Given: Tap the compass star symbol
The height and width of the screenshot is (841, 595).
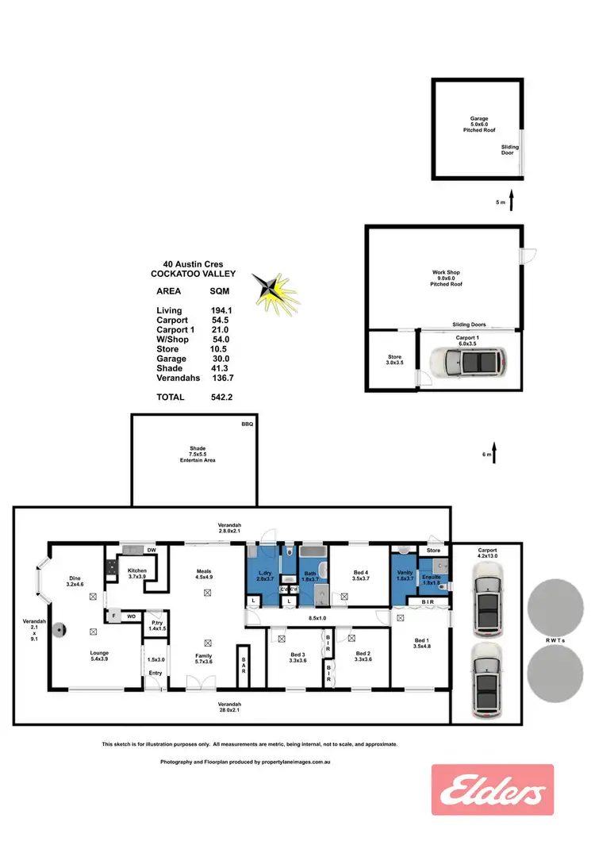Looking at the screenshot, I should point(273,290).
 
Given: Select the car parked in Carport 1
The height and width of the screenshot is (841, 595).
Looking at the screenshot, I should point(467,363).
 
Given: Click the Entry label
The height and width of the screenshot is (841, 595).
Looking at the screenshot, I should point(155,673).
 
